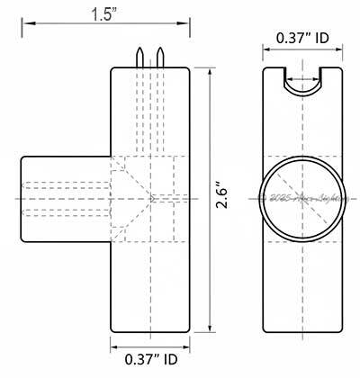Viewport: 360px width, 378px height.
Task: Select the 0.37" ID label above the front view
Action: (304, 40)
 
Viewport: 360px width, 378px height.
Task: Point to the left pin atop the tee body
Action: (140, 57)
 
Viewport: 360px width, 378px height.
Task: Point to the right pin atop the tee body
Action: (160, 57)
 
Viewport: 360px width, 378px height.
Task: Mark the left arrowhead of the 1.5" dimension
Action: (24, 26)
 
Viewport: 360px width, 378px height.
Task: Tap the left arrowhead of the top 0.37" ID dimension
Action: (266, 54)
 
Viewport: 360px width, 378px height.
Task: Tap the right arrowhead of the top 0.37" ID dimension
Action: (342, 54)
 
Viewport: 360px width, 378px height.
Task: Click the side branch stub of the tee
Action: (63, 197)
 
